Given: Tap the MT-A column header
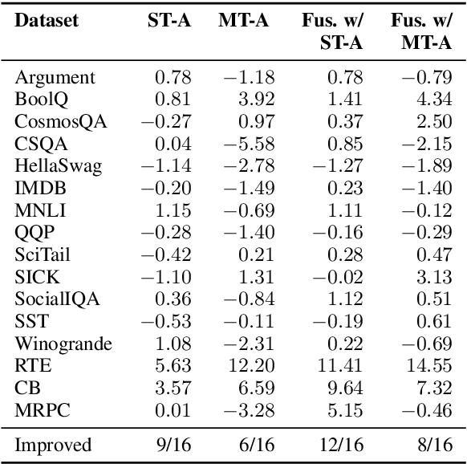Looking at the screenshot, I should point(246,21).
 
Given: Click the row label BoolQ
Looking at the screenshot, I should point(37,100).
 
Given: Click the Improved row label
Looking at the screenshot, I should point(53,444).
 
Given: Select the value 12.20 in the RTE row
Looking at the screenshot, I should point(253,367).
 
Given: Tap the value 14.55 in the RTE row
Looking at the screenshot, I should point(431,367).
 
